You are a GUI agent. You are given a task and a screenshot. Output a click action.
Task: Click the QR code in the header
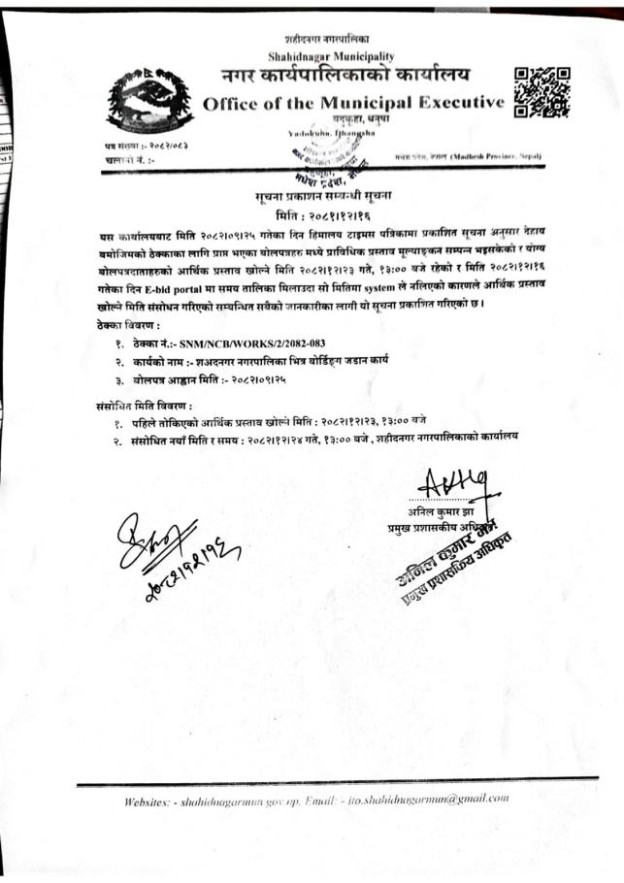(541, 91)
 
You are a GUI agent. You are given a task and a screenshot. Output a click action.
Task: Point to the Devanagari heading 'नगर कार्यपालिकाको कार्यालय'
(345, 76)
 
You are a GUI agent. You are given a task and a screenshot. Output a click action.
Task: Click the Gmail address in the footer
(450, 799)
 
